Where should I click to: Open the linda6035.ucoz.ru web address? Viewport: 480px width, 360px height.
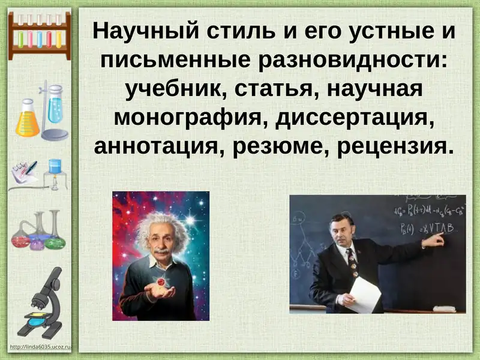point(41,347)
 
